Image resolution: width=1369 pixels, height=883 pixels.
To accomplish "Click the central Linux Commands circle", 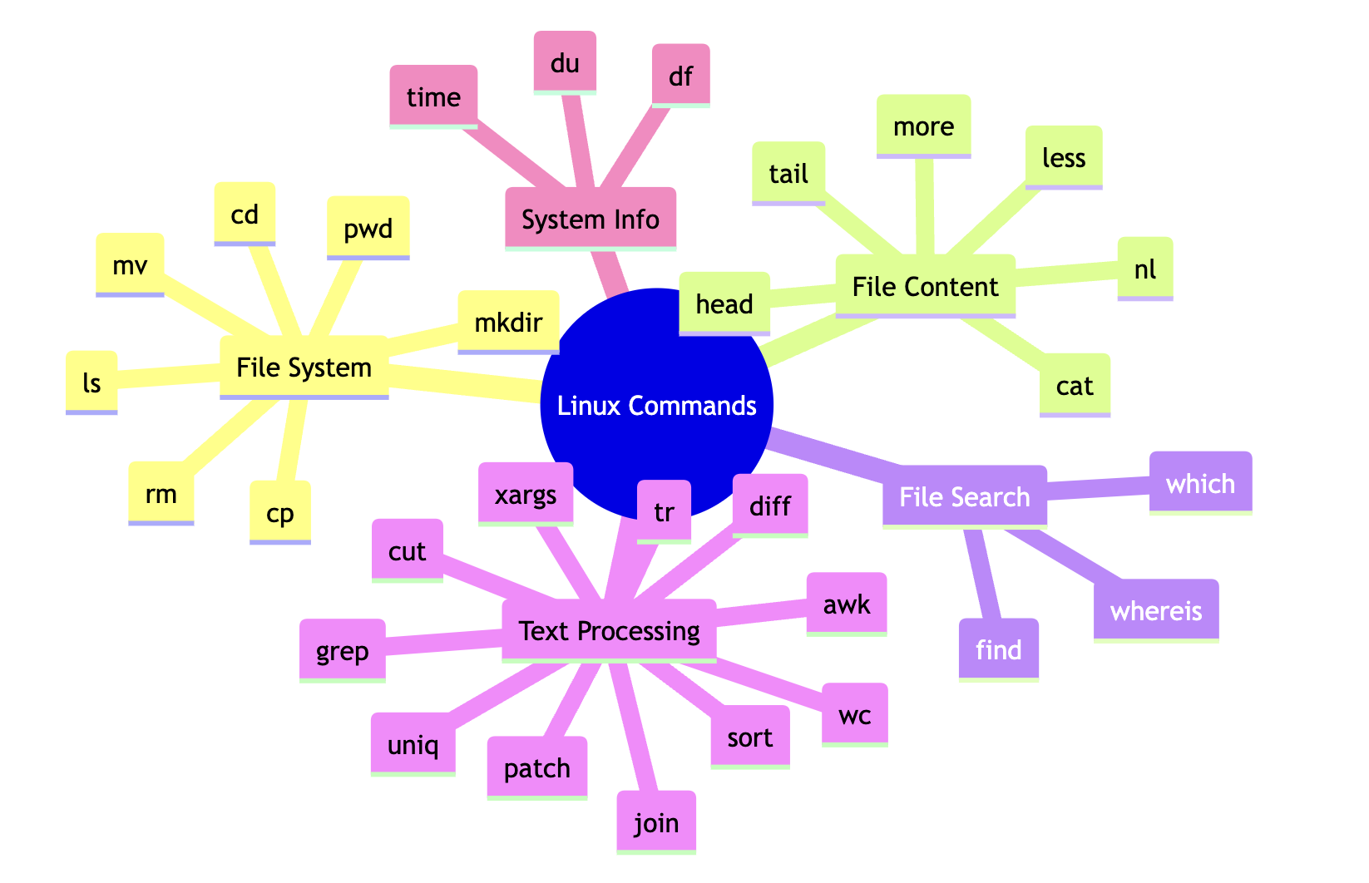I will tap(656, 405).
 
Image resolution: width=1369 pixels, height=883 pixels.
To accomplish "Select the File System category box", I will tap(304, 367).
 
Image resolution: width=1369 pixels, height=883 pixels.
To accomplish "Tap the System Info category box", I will tap(591, 219).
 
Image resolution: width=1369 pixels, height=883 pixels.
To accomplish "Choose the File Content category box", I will tap(925, 286).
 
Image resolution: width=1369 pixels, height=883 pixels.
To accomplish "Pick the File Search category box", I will tap(964, 496).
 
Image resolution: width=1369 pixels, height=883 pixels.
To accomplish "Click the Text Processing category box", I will tap(609, 630).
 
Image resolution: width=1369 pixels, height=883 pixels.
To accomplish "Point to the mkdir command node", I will tap(508, 322).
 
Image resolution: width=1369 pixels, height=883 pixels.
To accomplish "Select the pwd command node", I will tap(368, 228).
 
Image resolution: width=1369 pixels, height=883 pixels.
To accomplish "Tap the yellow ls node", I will tap(91, 382).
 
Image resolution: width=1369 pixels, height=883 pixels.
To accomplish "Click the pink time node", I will tap(433, 96).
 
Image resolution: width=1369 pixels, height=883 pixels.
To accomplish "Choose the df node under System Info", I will tap(680, 76).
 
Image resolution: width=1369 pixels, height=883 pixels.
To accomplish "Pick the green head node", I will tap(724, 304).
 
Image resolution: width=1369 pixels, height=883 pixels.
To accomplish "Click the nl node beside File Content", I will tap(1145, 269).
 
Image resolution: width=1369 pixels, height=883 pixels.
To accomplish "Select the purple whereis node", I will tap(1156, 610).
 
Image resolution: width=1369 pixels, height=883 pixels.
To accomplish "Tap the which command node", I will tap(1200, 483).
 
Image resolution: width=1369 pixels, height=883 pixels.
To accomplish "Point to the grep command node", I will tap(342, 650).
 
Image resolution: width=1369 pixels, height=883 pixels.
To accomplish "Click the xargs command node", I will tap(526, 494).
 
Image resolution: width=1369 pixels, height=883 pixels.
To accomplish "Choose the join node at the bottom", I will tap(656, 821).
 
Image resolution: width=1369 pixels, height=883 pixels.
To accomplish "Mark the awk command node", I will tap(847, 604).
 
